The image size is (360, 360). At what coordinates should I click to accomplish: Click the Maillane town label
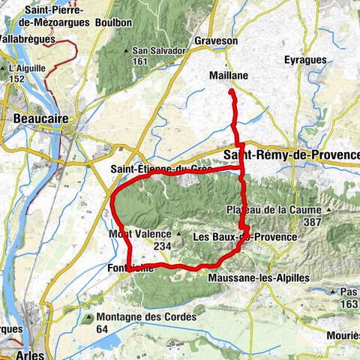coord(228,76)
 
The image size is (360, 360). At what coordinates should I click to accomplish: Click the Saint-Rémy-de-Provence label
coord(292,154)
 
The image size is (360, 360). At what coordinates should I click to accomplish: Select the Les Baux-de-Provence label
coord(244,237)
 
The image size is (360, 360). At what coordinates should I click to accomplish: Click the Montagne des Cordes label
coord(145,316)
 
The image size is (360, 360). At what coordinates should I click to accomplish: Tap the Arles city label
coord(28,355)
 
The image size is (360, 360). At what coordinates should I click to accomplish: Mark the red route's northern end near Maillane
coord(231,91)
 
